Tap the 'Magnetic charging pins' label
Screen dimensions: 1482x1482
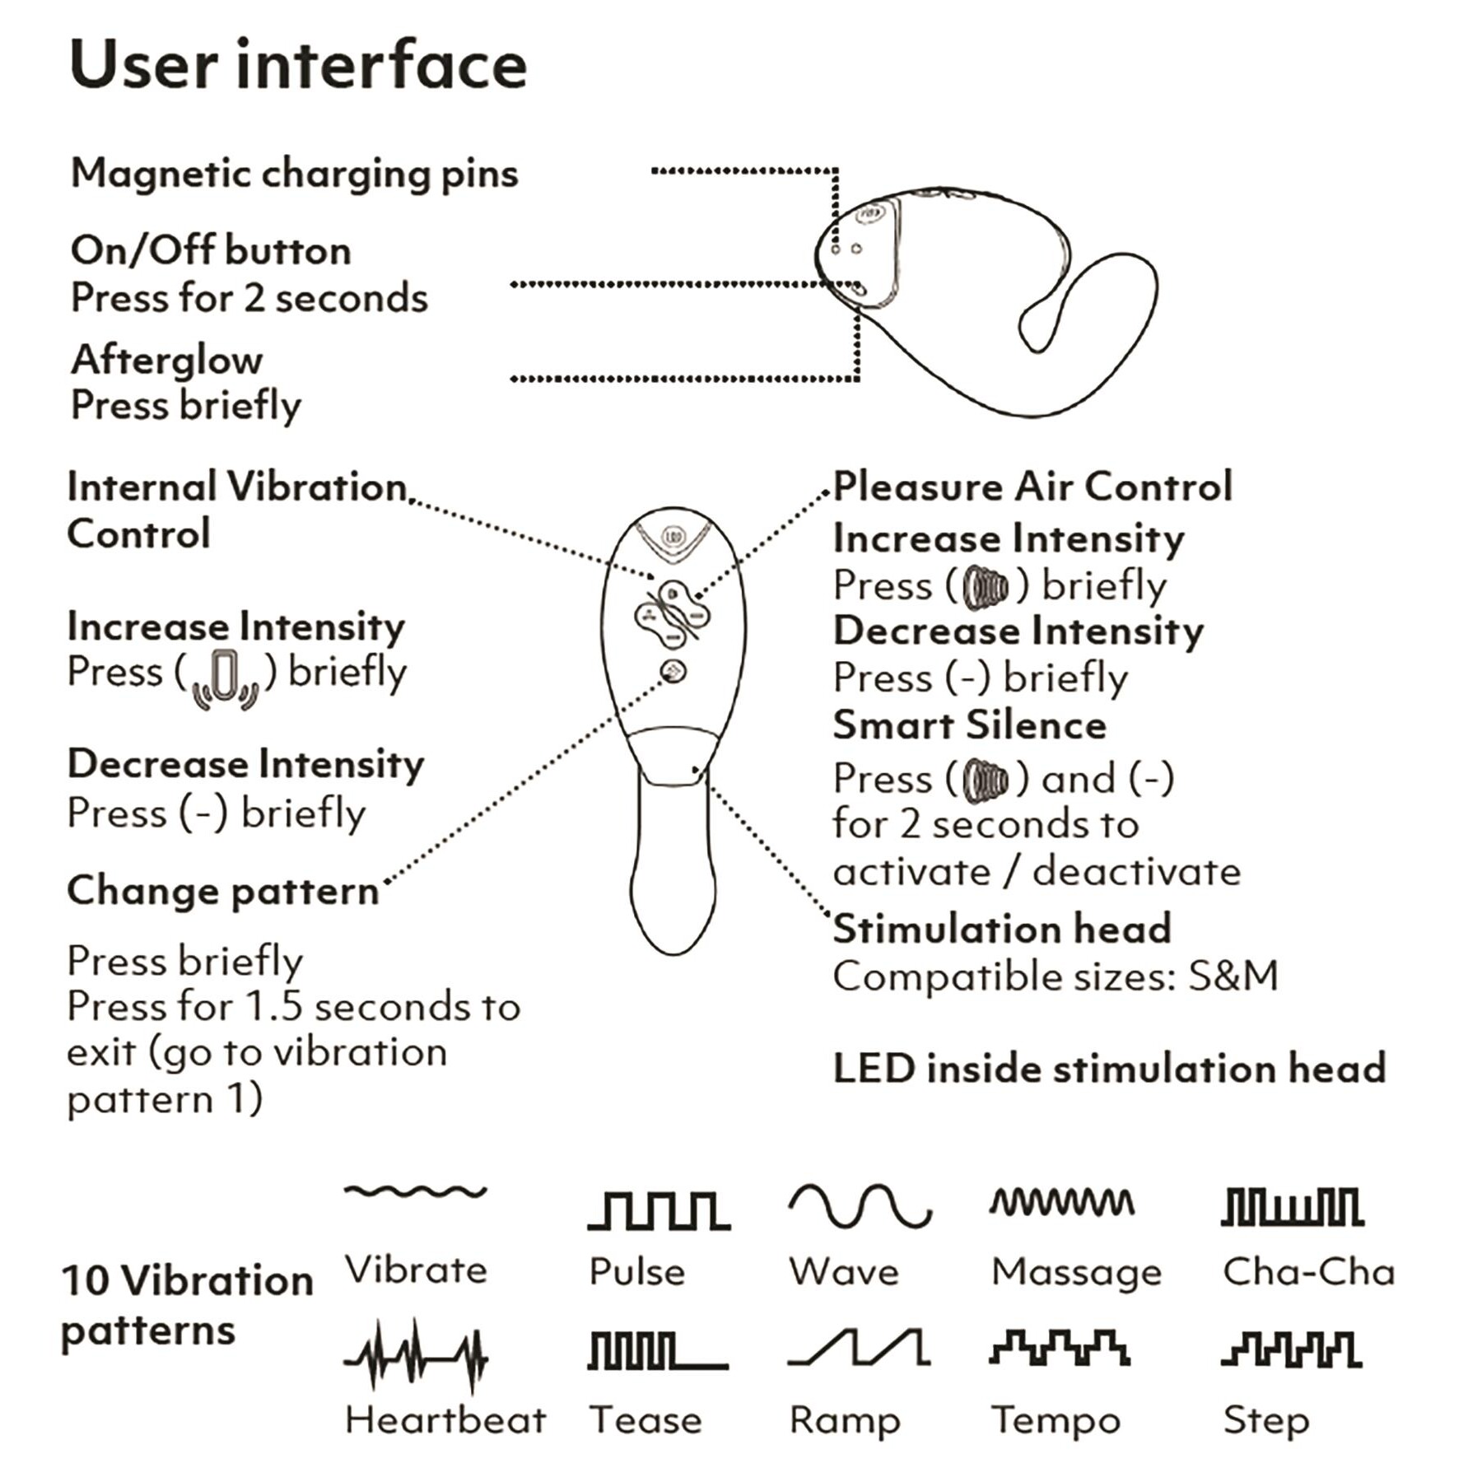(295, 174)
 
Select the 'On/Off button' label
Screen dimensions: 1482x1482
(211, 250)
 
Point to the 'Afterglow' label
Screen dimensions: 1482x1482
(167, 360)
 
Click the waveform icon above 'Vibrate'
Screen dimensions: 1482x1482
(416, 1191)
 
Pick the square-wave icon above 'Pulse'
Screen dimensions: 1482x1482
(659, 1210)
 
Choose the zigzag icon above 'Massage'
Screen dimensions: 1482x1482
(1062, 1203)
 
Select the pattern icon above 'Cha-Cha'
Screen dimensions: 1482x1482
(1292, 1207)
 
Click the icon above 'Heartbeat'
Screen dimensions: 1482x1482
(416, 1354)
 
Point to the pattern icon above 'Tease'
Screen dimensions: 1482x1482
(658, 1351)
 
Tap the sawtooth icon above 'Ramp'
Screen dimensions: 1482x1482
(859, 1348)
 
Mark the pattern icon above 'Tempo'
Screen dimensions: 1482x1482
(1060, 1348)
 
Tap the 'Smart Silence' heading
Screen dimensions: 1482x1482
(969, 725)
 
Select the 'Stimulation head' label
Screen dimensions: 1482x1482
(1002, 929)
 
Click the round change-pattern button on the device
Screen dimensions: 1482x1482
(673, 672)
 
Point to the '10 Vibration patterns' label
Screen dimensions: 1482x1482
(187, 1305)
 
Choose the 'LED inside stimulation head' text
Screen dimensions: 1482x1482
(1109, 1068)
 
